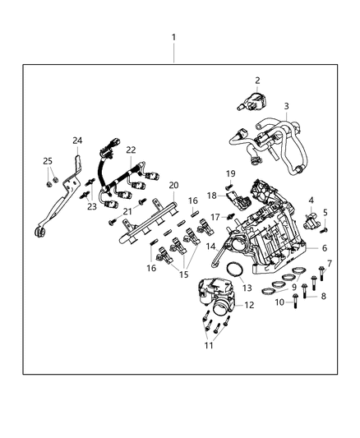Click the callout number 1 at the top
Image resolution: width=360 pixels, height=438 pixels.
point(173,38)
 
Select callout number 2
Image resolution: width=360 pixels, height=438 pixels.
point(257,81)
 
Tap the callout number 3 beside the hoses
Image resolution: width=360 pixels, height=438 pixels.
point(286,106)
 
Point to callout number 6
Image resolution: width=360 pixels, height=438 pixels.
point(325,247)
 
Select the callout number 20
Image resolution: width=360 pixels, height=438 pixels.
point(173,185)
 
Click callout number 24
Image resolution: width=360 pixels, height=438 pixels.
point(76,140)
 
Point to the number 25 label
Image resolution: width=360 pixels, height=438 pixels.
point(47,160)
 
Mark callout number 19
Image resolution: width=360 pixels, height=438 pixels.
point(231,173)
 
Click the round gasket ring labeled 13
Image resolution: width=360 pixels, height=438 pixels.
point(233,270)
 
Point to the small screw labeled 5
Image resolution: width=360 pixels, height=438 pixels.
point(324,229)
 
